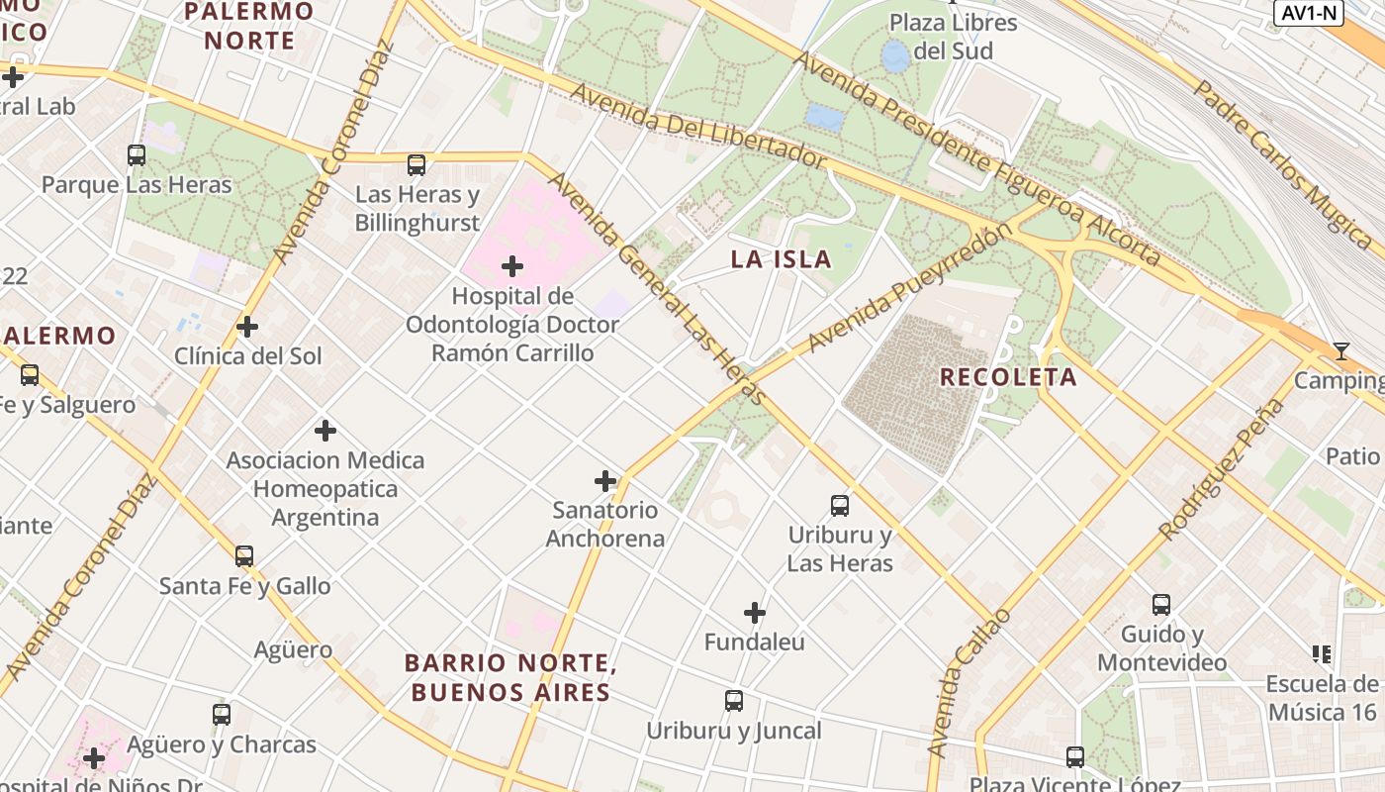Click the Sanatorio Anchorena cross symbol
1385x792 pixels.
[605, 482]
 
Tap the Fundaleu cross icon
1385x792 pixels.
[755, 613]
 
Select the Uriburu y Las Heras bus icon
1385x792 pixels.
[840, 506]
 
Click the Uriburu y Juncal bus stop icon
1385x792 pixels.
[734, 701]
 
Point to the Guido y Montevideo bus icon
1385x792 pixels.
[1161, 604]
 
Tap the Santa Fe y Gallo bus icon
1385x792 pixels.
[244, 556]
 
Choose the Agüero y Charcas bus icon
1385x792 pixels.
[222, 714]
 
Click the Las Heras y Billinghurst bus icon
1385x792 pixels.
[416, 165]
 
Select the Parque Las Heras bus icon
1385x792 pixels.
[137, 155]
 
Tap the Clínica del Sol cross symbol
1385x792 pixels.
[247, 327]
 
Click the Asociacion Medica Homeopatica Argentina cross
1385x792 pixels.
[325, 431]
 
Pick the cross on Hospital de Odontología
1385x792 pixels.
[512, 266]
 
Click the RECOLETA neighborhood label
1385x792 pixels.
[1008, 377]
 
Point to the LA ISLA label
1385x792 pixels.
[782, 260]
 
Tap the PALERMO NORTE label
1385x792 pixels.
[249, 27]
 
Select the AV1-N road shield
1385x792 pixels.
[1308, 13]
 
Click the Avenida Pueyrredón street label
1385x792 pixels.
[910, 288]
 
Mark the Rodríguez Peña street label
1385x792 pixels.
[1223, 469]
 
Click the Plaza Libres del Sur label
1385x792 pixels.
[953, 37]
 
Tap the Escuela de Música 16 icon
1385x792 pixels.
[1322, 653]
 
